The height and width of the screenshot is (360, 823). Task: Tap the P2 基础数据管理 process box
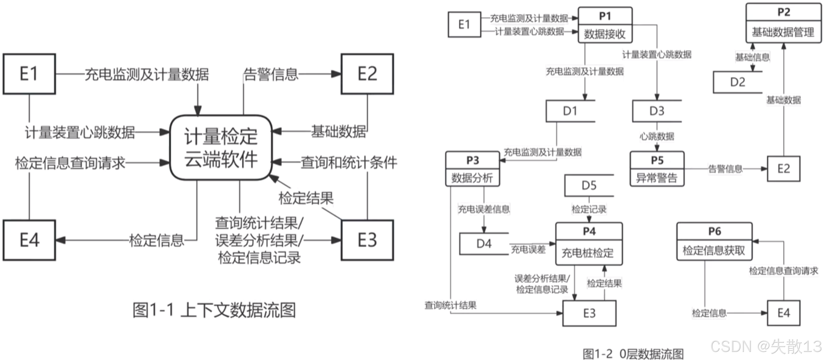pyautogui.click(x=783, y=23)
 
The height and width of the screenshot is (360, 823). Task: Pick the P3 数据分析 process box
pyautogui.click(x=473, y=169)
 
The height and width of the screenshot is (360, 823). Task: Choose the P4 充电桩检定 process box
pyautogui.click(x=589, y=244)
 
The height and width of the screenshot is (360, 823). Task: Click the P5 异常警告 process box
pyautogui.click(x=657, y=169)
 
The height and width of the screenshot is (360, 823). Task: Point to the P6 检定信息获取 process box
pyautogui.click(x=714, y=242)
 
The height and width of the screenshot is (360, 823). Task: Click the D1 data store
pyautogui.click(x=570, y=111)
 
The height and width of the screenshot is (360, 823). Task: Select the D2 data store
pyautogui.click(x=738, y=82)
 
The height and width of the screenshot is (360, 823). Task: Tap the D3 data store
pyautogui.click(x=657, y=111)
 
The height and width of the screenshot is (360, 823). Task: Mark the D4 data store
pyautogui.click(x=484, y=244)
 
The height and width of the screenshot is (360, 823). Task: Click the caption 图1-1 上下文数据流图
pyautogui.click(x=214, y=310)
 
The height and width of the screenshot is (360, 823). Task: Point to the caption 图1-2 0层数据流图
pyautogui.click(x=633, y=354)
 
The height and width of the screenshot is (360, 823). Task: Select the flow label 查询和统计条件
pyautogui.click(x=349, y=163)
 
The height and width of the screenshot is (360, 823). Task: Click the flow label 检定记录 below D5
pyautogui.click(x=589, y=210)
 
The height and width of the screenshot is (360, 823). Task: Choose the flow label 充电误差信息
pyautogui.click(x=484, y=210)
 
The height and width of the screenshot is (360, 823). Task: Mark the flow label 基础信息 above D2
pyautogui.click(x=752, y=58)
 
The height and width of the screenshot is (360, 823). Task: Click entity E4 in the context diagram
pyautogui.click(x=29, y=240)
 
